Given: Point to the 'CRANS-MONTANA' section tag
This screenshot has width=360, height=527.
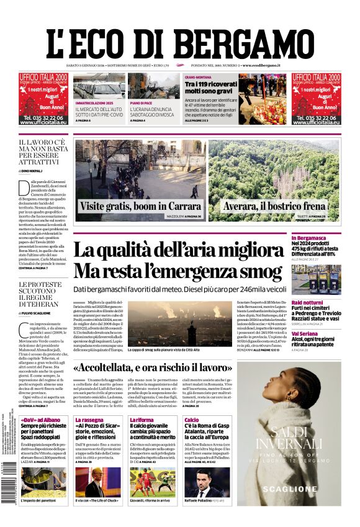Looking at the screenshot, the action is [199, 77].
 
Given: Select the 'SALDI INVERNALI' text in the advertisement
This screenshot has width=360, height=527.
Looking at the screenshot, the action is [289, 438].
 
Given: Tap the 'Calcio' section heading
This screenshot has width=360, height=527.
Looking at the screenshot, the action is [191, 420].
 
